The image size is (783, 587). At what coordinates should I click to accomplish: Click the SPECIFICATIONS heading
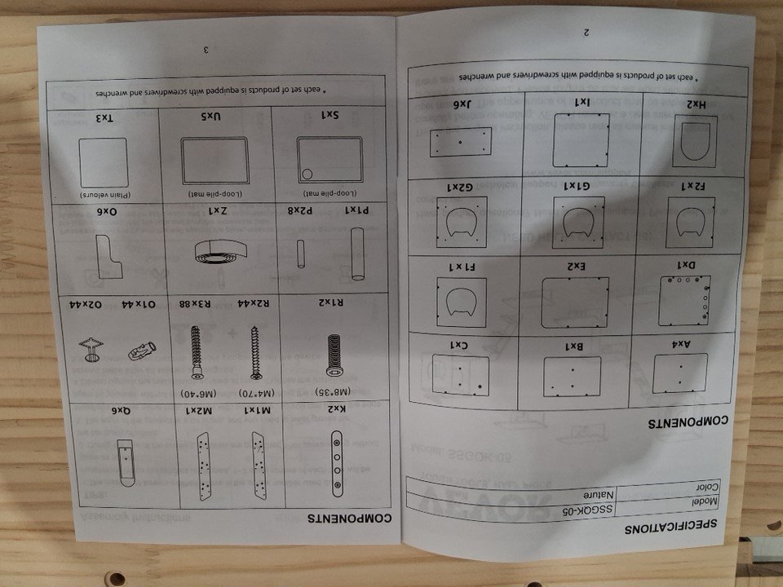[x=670, y=527]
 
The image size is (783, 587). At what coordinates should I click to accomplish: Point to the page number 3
[x=206, y=51]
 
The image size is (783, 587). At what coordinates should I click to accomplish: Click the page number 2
[x=586, y=33]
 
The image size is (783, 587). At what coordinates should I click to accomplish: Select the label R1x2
[x=327, y=302]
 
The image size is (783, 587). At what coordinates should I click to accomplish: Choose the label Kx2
[x=337, y=411]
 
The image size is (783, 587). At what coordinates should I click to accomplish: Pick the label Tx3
[x=103, y=119]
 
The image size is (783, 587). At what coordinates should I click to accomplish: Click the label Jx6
[x=459, y=104]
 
